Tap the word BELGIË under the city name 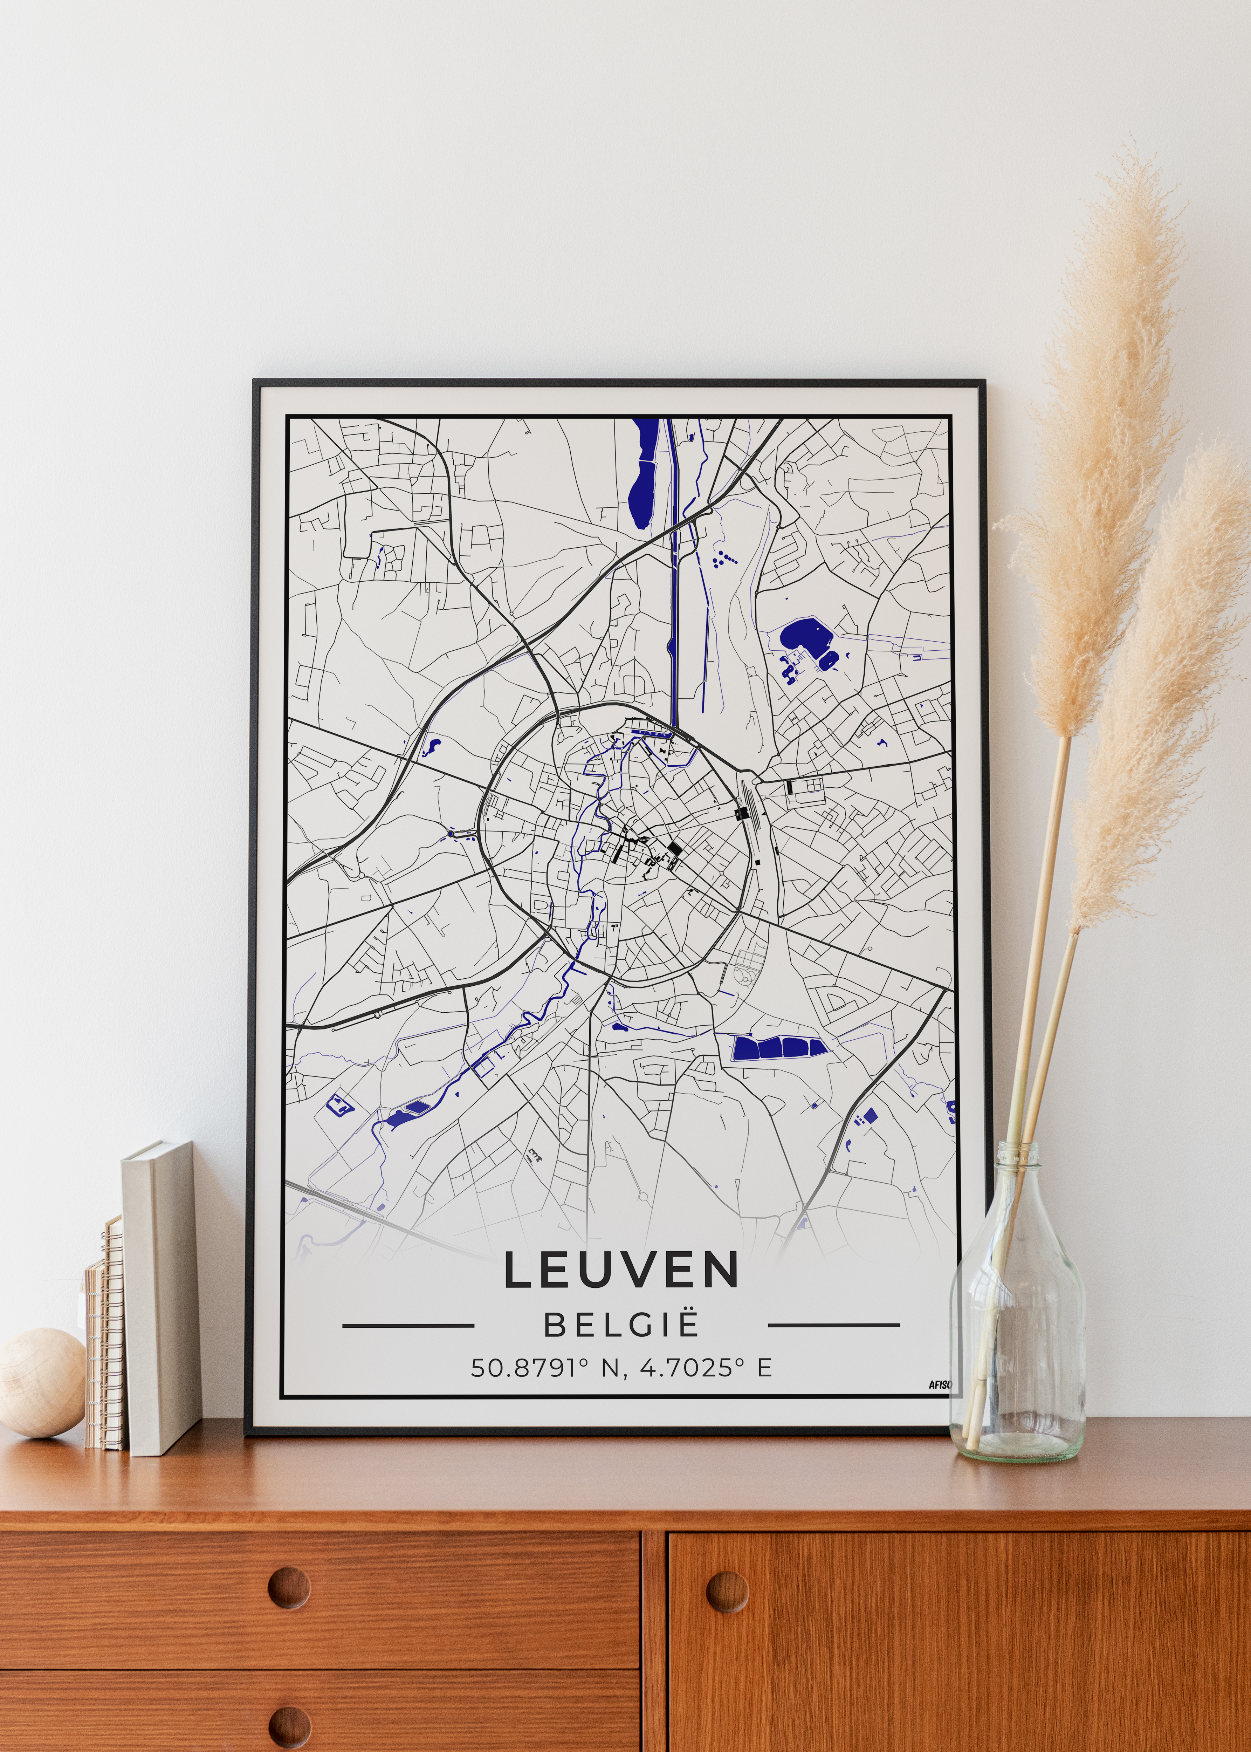(621, 1325)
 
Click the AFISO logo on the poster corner (940, 1384)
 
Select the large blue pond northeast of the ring (801, 638)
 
